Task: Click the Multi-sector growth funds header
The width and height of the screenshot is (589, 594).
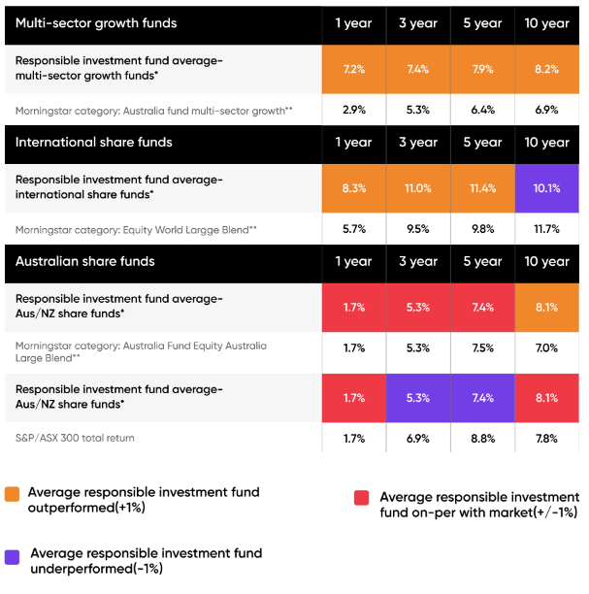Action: [x=96, y=23]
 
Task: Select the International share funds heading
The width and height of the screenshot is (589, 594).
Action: [x=93, y=143]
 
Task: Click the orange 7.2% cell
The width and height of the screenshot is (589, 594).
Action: [x=353, y=70]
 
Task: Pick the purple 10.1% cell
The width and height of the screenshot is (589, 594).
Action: [x=546, y=188]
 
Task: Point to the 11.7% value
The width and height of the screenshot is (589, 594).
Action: [x=546, y=229]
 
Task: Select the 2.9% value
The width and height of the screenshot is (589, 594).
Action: [x=353, y=110]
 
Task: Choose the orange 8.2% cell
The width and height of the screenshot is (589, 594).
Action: [x=546, y=70]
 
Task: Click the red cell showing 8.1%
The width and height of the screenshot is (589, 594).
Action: [x=546, y=397]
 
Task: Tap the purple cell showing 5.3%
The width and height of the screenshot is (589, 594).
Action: [x=418, y=397]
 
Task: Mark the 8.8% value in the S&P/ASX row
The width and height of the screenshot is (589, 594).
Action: [x=482, y=439]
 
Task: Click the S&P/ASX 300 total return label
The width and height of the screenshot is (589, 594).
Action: [x=75, y=439]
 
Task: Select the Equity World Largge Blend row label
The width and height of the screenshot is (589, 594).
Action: [x=136, y=230]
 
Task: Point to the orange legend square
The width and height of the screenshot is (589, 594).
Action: [x=12, y=493]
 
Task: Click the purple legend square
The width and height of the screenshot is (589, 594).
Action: [x=12, y=556]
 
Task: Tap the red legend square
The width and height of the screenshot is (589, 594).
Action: [x=361, y=498]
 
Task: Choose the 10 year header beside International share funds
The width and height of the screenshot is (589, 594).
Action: [x=546, y=143]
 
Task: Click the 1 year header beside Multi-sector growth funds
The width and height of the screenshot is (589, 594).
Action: [x=353, y=23]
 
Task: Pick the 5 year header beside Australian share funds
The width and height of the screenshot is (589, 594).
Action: [x=482, y=261]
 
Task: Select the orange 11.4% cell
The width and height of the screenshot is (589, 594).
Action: [x=482, y=188]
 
